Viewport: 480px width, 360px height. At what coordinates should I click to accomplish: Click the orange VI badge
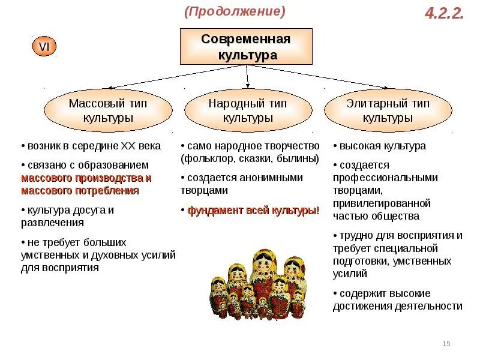pos(44,46)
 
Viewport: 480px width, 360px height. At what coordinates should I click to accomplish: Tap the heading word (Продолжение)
pos(235,11)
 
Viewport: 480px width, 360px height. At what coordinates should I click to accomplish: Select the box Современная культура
pos(246,47)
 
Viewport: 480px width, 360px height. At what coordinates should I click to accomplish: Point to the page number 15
pos(446,343)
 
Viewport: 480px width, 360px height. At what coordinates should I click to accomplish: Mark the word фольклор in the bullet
pos(205,159)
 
